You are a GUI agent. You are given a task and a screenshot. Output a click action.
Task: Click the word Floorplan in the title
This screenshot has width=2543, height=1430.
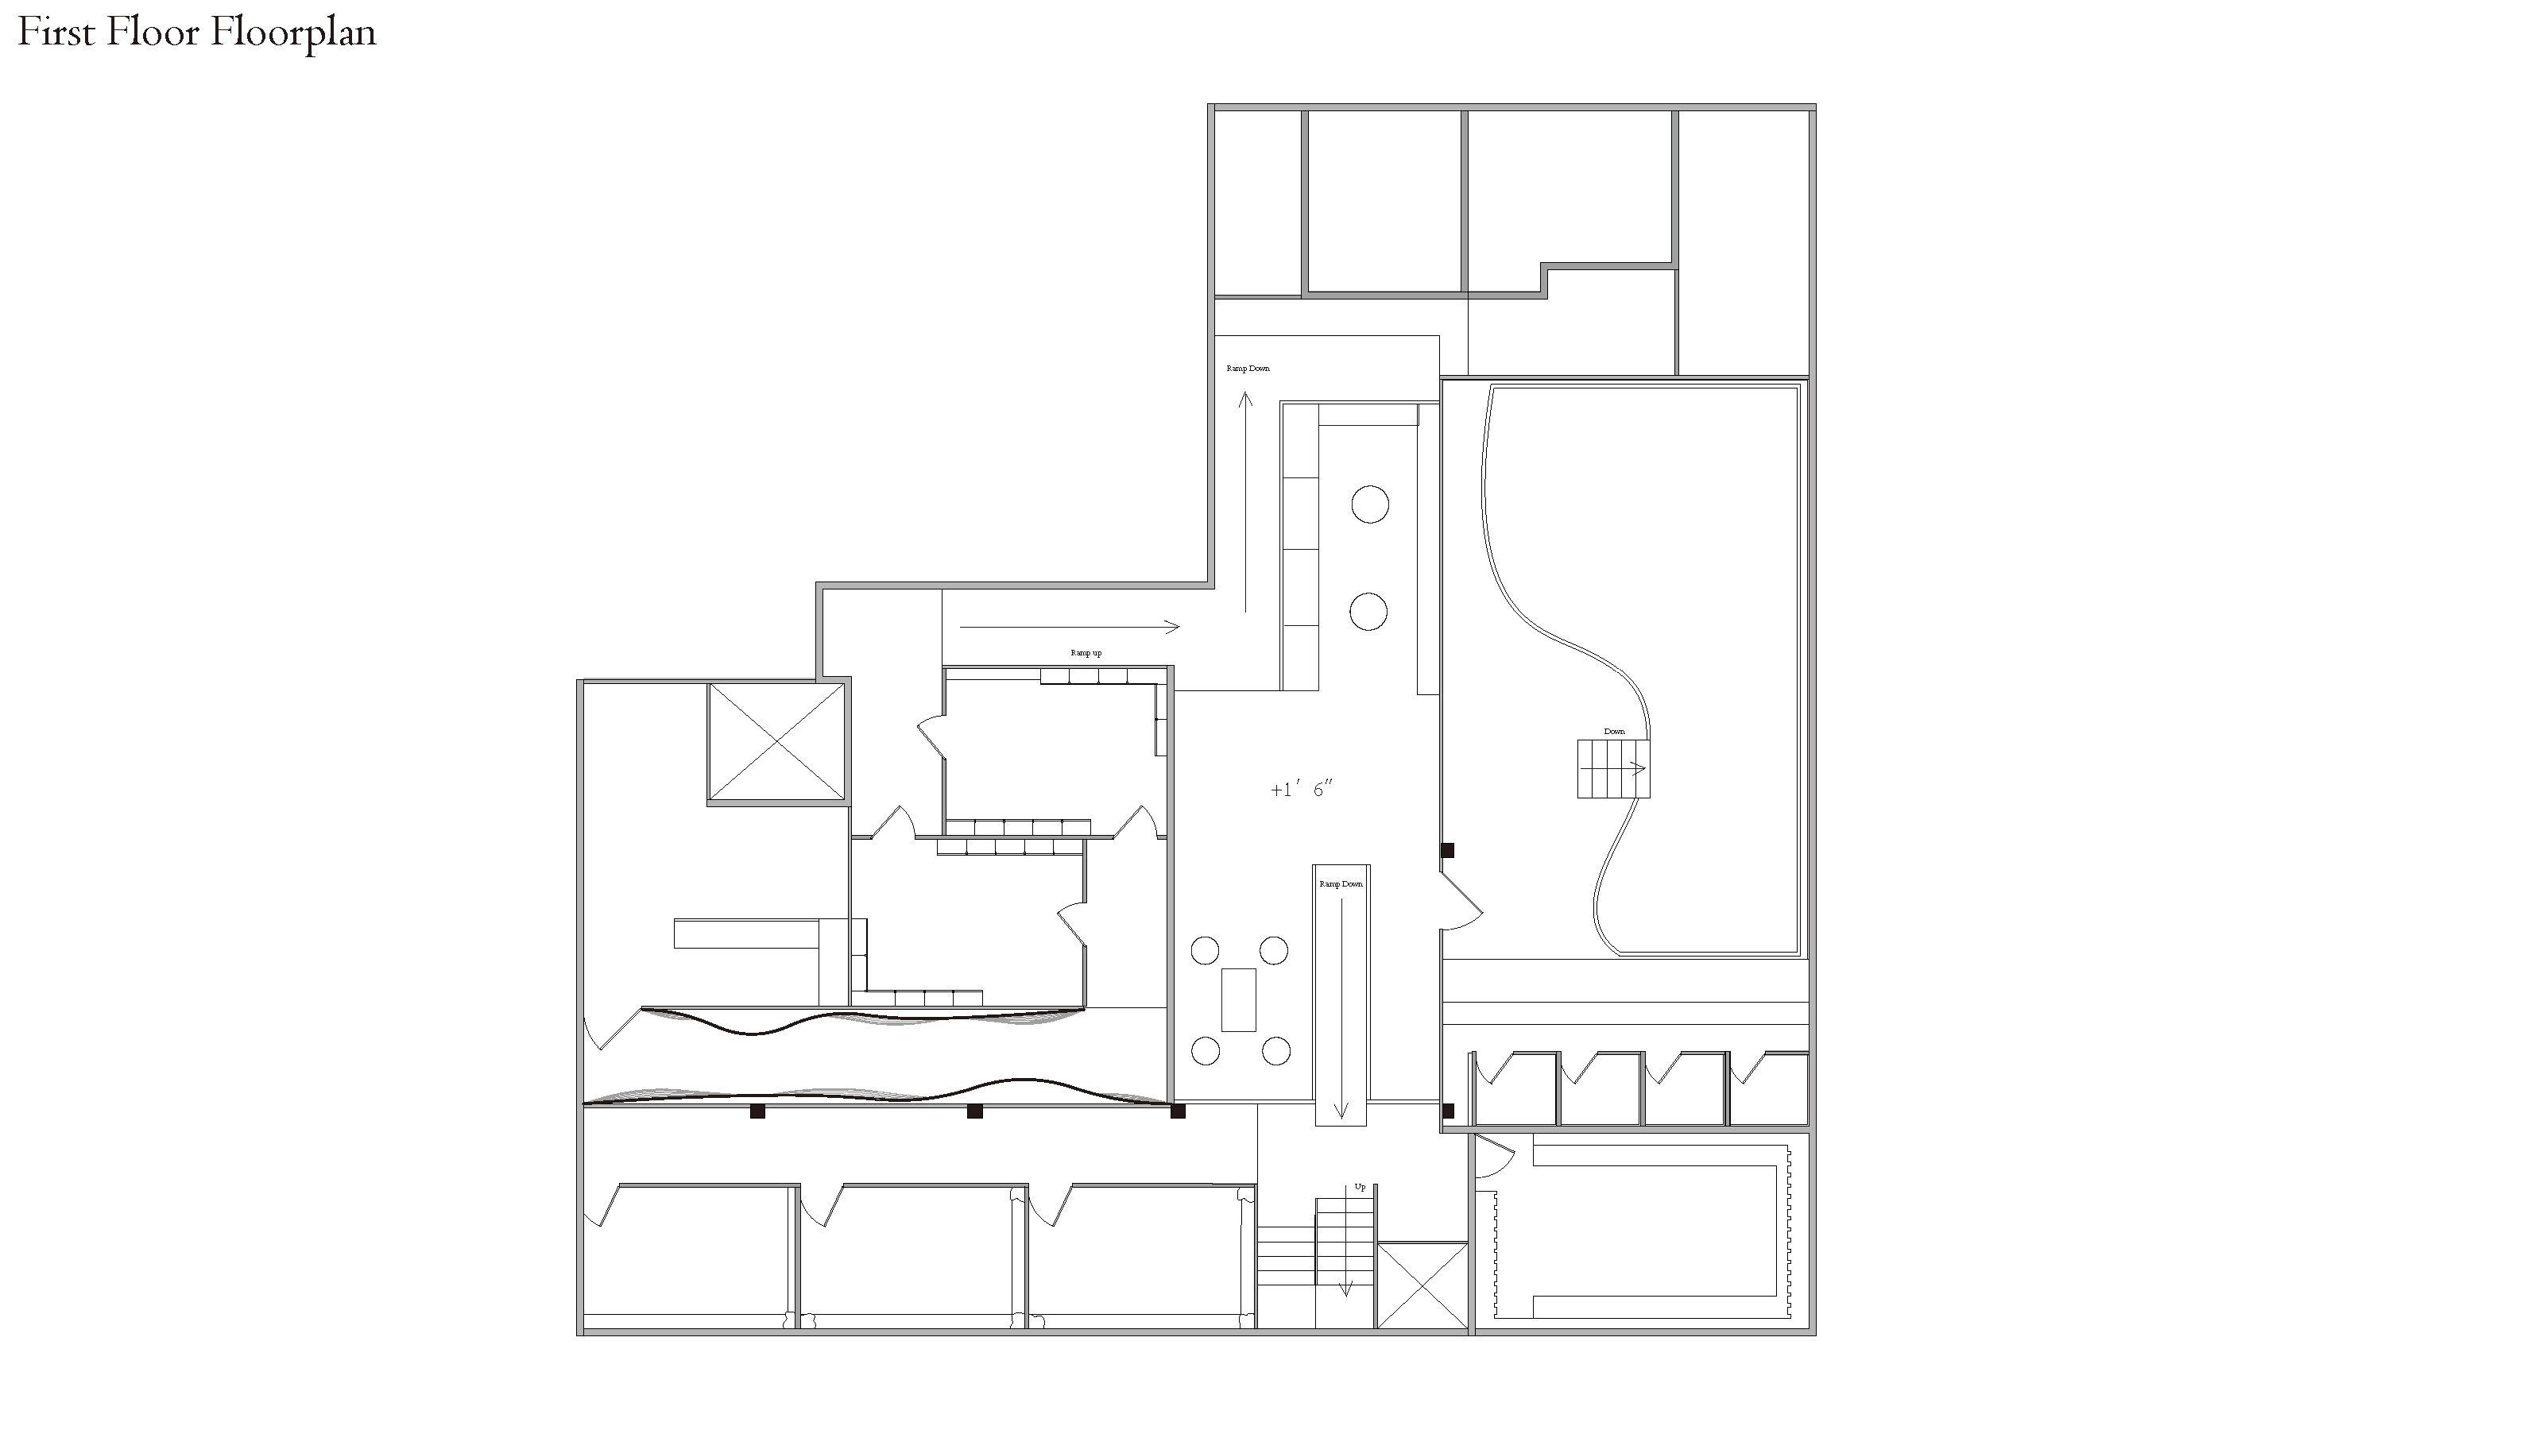(x=293, y=33)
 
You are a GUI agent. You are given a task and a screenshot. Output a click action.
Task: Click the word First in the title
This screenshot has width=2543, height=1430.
(x=57, y=32)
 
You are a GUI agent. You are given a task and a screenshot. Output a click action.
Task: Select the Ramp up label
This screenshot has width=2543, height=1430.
(x=1086, y=653)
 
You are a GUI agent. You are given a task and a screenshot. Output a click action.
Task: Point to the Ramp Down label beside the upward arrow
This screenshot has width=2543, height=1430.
(x=1248, y=368)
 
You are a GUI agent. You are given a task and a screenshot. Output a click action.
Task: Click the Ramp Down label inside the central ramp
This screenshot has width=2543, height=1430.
(x=1341, y=884)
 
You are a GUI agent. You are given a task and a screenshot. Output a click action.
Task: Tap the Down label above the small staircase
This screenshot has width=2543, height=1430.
(x=1614, y=731)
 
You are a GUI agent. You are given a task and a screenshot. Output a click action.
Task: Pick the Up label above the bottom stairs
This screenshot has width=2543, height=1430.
(x=1360, y=1187)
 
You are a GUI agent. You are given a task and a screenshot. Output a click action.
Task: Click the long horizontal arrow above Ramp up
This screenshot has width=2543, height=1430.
(x=1069, y=627)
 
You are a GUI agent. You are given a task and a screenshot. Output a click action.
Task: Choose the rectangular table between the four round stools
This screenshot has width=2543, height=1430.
(x=1239, y=999)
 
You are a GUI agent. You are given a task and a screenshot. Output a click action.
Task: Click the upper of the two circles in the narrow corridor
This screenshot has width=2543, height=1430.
(x=1369, y=504)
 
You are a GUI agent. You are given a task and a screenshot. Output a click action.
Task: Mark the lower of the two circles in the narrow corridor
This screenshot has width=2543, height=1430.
(x=1368, y=612)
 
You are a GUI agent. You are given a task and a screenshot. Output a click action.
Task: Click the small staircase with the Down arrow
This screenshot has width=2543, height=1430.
(x=1613, y=769)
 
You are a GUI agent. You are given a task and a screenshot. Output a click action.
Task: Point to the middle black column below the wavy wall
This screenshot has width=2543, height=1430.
(x=974, y=1111)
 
